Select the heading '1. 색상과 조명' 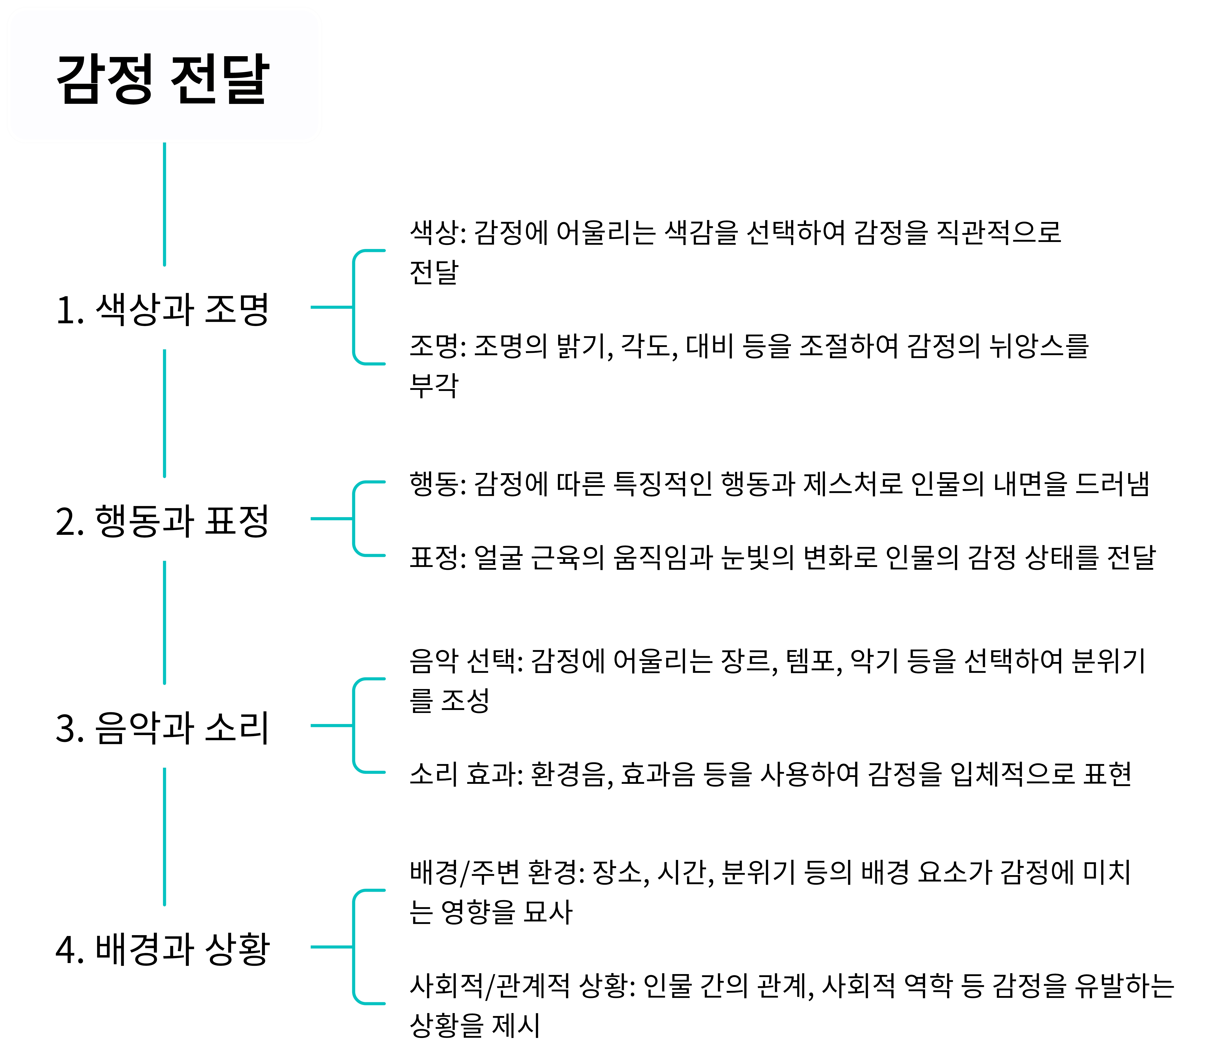pyautogui.click(x=163, y=309)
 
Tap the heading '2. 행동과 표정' pyautogui.click(x=163, y=521)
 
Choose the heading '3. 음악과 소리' pyautogui.click(x=163, y=727)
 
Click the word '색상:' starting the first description pyautogui.click(x=438, y=232)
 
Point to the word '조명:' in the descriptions pyautogui.click(x=438, y=346)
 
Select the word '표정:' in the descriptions pyautogui.click(x=438, y=557)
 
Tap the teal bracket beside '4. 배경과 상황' pyautogui.click(x=354, y=947)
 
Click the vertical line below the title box pyautogui.click(x=164, y=204)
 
